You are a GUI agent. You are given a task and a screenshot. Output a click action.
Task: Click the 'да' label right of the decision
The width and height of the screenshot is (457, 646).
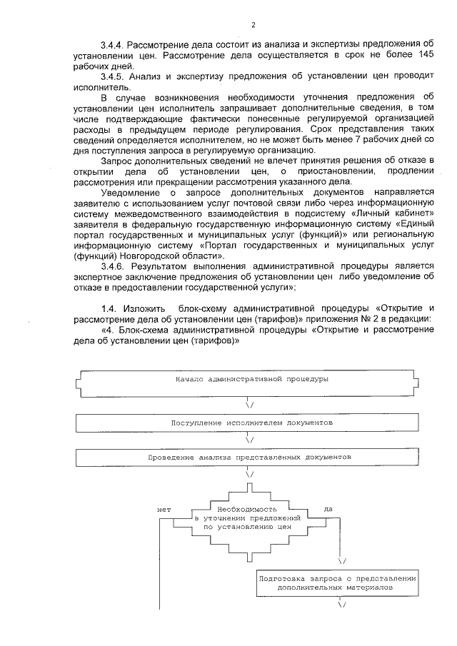[328, 509]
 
